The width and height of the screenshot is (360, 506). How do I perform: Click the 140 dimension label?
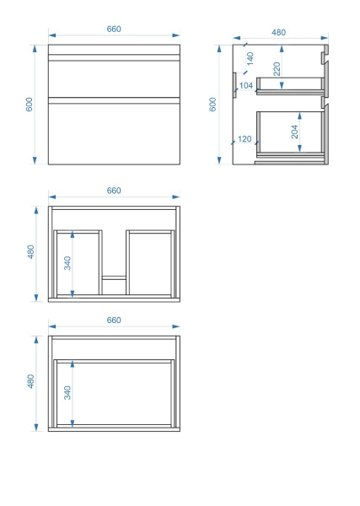(250, 58)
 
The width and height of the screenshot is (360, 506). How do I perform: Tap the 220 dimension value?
(277, 69)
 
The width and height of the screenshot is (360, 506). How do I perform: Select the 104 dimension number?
(246, 85)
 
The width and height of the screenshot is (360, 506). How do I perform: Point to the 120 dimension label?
(244, 139)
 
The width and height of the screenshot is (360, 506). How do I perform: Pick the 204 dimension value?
(294, 132)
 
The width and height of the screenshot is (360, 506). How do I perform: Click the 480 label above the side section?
(278, 33)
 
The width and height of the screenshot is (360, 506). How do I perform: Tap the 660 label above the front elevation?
(114, 29)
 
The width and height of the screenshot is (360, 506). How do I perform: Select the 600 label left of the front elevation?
(30, 105)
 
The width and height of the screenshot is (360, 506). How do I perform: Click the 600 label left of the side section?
(212, 105)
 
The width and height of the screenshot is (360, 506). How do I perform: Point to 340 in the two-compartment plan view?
(67, 263)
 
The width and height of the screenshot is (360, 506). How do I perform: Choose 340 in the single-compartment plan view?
(67, 393)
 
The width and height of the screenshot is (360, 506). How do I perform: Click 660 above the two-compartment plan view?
(114, 191)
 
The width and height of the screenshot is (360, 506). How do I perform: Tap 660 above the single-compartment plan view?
(114, 320)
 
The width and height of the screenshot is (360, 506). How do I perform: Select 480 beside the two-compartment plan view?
(30, 251)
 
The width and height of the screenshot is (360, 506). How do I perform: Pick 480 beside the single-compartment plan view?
(30, 381)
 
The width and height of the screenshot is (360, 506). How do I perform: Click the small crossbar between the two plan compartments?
(114, 277)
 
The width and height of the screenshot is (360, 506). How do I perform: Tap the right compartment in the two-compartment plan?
(150, 262)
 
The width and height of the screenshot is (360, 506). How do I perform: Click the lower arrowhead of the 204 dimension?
(299, 148)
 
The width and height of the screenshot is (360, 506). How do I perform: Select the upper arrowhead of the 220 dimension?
(282, 49)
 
